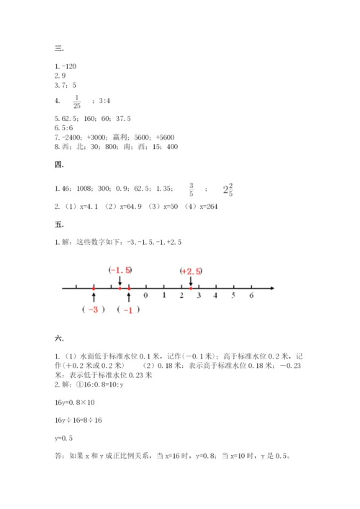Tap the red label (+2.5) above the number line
tap(191, 271)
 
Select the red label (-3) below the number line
tap(94, 310)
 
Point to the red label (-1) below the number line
tap(130, 310)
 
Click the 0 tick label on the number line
tap(146, 295)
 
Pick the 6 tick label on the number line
tap(251, 295)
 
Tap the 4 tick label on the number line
tap(216, 295)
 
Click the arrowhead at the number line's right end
tap(270, 289)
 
